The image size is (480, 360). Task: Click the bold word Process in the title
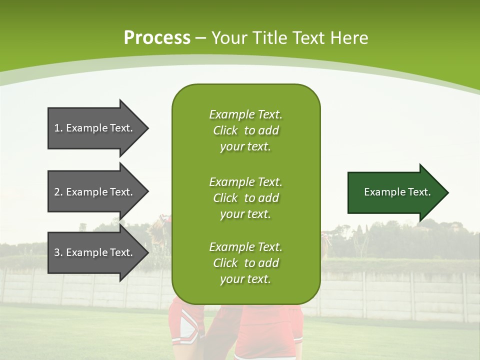pos(157,38)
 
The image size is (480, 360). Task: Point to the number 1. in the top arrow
pos(58,128)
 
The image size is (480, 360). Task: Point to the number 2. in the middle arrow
pos(58,192)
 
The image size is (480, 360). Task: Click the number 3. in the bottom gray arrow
pos(58,252)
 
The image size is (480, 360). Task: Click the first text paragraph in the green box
pos(245,130)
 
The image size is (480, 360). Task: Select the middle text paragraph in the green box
pos(245,198)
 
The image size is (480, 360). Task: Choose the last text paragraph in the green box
pos(245,263)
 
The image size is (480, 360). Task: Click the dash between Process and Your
pos(200,38)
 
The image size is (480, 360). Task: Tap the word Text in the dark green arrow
pos(419,192)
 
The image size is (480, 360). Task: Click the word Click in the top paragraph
pos(225,130)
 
